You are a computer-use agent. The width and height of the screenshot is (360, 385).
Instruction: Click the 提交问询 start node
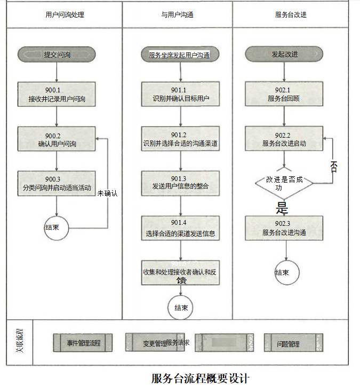57,54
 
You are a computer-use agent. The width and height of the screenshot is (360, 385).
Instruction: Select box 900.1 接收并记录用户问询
57,95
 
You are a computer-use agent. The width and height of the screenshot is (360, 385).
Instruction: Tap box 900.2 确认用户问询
57,139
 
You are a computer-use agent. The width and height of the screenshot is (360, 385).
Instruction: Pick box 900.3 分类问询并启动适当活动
57,184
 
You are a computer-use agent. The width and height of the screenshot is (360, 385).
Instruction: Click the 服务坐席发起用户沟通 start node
180,54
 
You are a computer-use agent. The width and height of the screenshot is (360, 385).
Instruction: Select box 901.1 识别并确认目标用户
180,95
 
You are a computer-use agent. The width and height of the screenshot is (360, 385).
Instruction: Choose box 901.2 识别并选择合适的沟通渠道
180,139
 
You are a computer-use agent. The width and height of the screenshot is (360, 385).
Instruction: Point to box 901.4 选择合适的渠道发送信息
180,229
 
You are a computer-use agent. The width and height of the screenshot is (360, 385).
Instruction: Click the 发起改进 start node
284,54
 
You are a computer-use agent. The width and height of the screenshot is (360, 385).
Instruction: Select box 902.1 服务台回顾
284,95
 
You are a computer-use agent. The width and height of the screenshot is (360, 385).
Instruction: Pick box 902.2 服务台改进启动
284,139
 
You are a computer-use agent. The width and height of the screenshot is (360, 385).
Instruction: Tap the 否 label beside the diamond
334,166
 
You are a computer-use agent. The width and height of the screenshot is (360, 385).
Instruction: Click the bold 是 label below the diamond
282,206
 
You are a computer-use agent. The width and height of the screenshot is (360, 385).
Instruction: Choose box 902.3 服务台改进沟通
284,229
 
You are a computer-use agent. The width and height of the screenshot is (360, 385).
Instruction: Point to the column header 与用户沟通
177,15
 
